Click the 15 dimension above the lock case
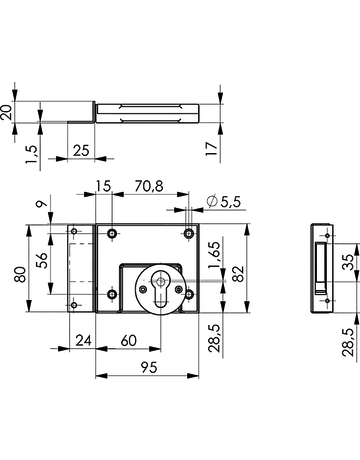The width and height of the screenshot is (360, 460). pos(105,185)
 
